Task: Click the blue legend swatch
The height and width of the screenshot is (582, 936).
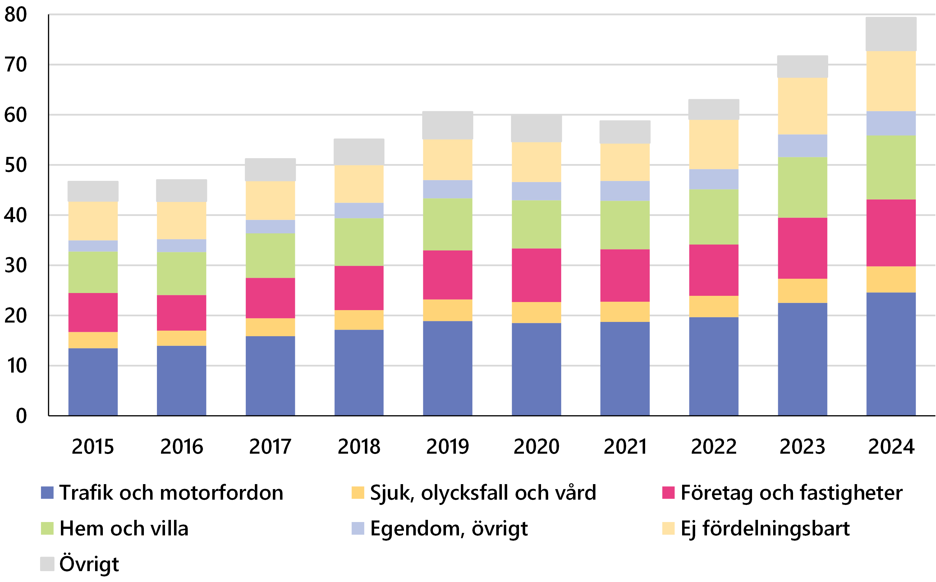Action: coord(47,493)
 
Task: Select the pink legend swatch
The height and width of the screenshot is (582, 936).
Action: coord(668,493)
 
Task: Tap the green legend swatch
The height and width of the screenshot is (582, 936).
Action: coord(47,528)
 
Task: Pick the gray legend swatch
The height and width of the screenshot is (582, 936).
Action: coord(47,564)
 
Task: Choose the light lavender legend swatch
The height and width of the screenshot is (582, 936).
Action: coord(358,528)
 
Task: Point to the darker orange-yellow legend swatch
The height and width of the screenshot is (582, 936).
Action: coord(358,493)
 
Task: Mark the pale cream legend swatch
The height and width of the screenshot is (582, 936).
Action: coord(668,528)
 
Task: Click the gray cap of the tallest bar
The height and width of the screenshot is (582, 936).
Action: coord(891,34)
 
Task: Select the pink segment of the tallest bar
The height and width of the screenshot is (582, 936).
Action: coord(891,233)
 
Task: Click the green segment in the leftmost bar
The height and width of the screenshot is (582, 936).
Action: coord(93,272)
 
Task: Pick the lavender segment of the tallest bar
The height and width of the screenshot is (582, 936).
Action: coord(891,123)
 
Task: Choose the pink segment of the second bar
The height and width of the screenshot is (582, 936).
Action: coord(181,313)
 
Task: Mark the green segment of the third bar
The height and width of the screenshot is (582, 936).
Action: coord(270,255)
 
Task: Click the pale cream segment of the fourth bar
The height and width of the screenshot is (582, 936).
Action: coord(359,184)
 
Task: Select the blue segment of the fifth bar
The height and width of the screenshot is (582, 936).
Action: coord(447,368)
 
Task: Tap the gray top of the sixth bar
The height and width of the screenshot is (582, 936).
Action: coord(536,128)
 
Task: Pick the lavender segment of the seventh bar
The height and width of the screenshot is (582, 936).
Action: coord(625,190)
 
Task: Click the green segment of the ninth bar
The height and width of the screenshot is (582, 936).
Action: coord(802,187)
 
